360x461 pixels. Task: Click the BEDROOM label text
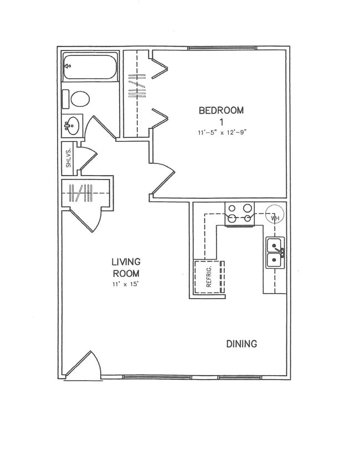click(x=221, y=110)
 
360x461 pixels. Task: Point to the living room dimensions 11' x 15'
click(x=126, y=285)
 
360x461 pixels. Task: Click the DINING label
click(x=241, y=344)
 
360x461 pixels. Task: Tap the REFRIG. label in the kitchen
click(x=209, y=276)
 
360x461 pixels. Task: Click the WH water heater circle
click(x=274, y=215)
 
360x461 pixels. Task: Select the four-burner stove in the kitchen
click(x=239, y=214)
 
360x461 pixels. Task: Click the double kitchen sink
click(x=275, y=253)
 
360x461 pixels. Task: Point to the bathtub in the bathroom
click(x=90, y=68)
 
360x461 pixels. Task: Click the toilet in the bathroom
click(x=78, y=100)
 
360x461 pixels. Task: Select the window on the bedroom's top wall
click(x=222, y=49)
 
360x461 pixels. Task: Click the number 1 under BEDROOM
click(x=221, y=122)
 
